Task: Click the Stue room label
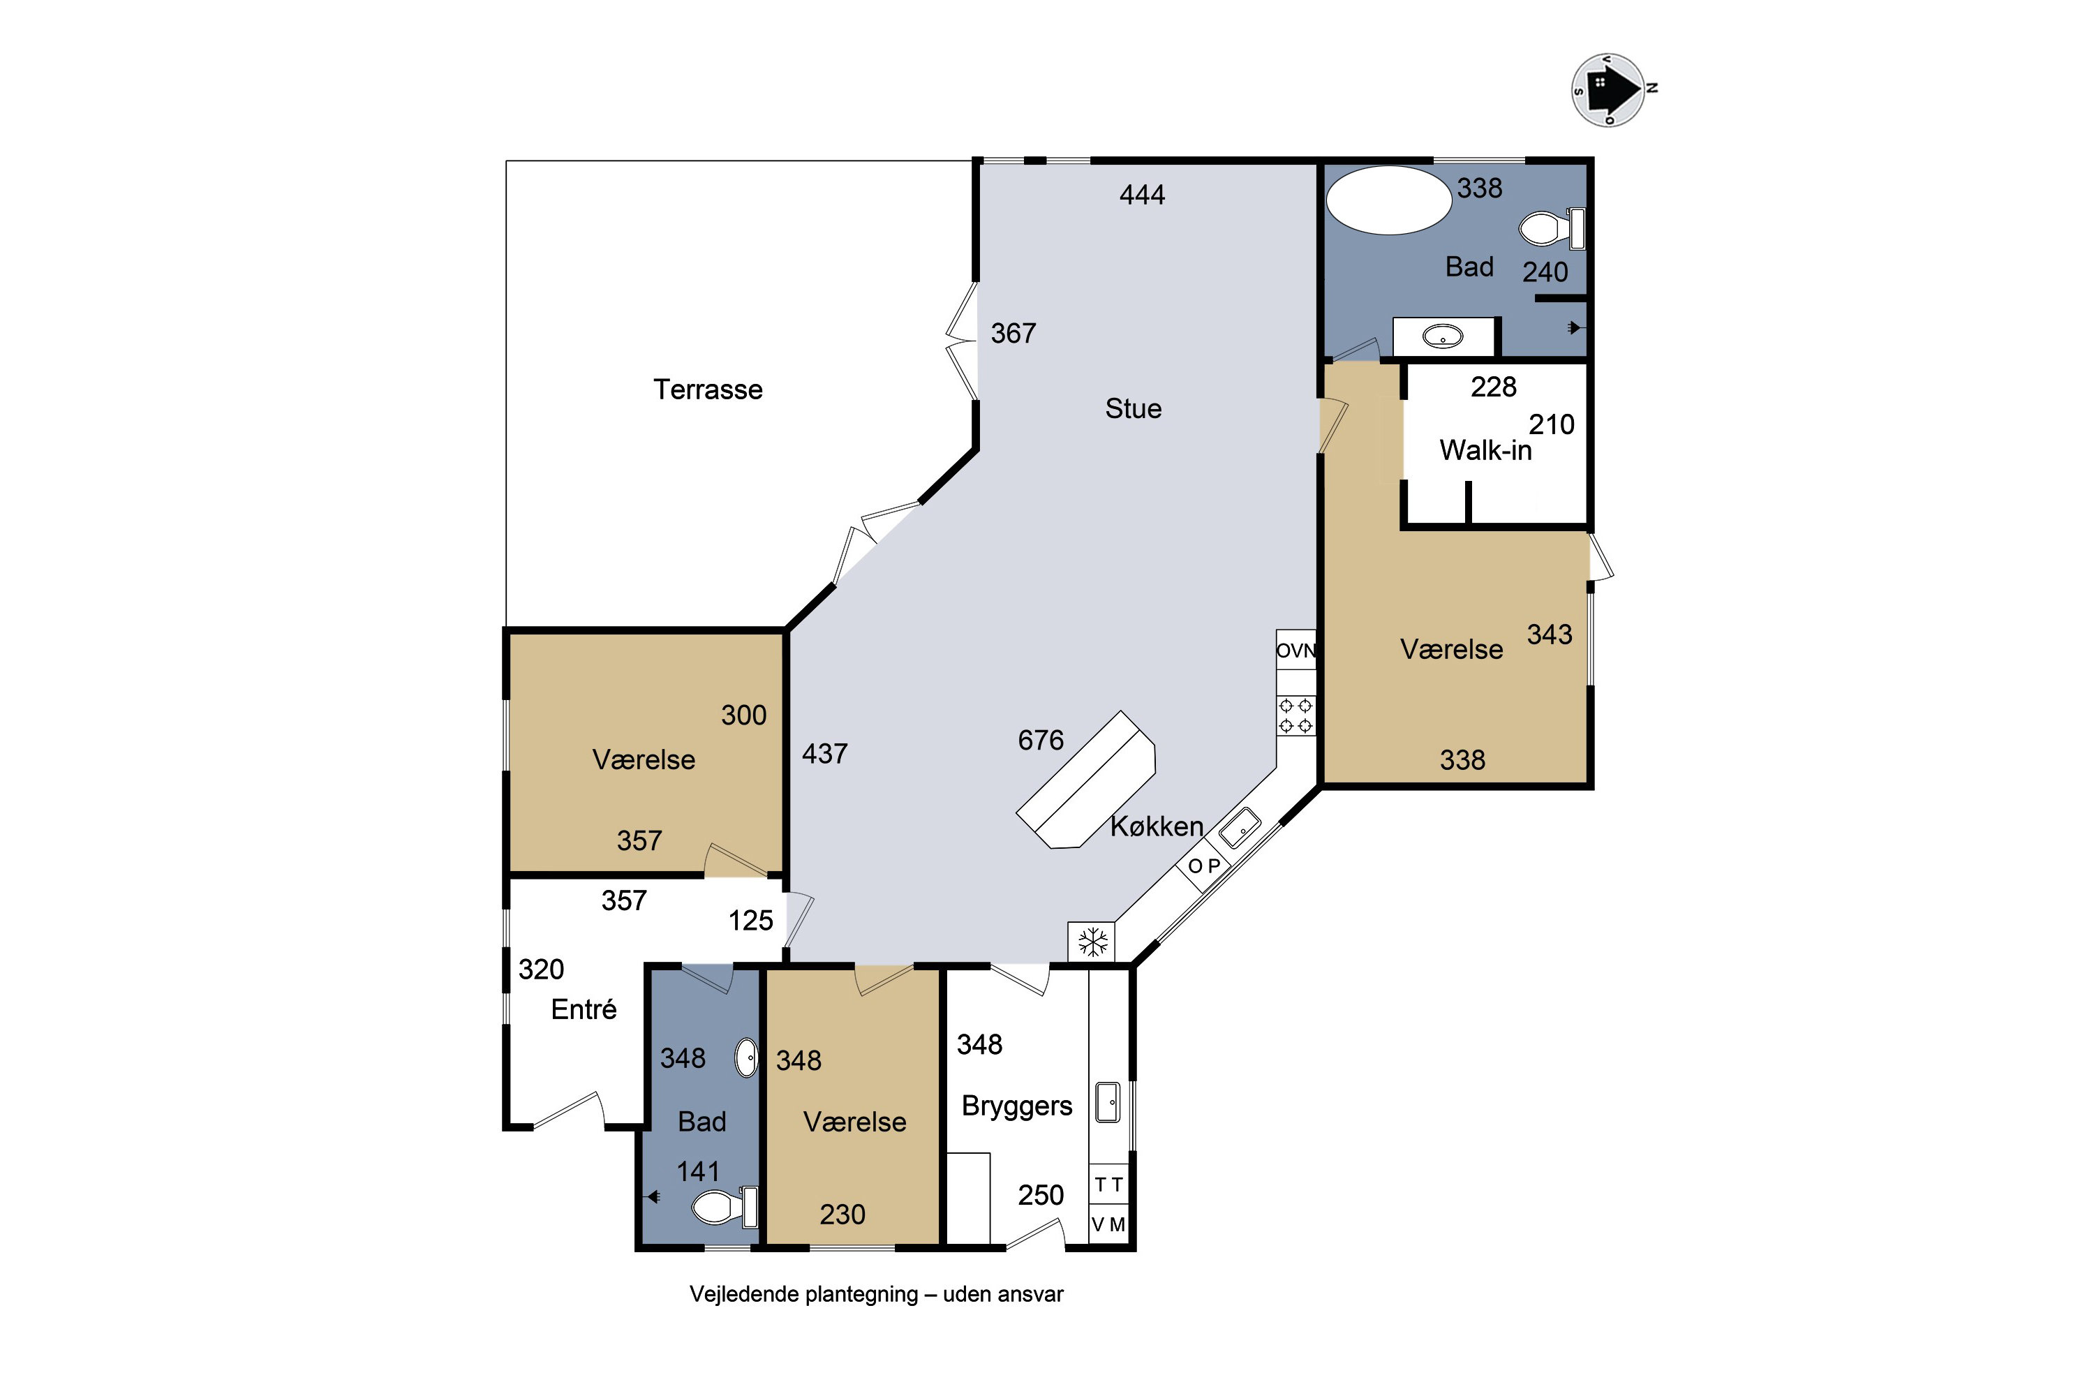pos(1134,408)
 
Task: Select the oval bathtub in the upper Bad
pos(1389,200)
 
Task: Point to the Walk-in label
pos(1485,450)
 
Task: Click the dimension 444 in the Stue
pos(1142,195)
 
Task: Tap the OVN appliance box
pos(1296,650)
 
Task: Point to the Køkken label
pos(1157,827)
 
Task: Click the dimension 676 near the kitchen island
pos(1041,740)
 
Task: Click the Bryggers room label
pos(1017,1106)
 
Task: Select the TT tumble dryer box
pos(1108,1184)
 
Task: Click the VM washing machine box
pos(1108,1225)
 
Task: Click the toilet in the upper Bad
pos(1552,229)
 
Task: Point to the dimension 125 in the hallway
pos(750,921)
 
